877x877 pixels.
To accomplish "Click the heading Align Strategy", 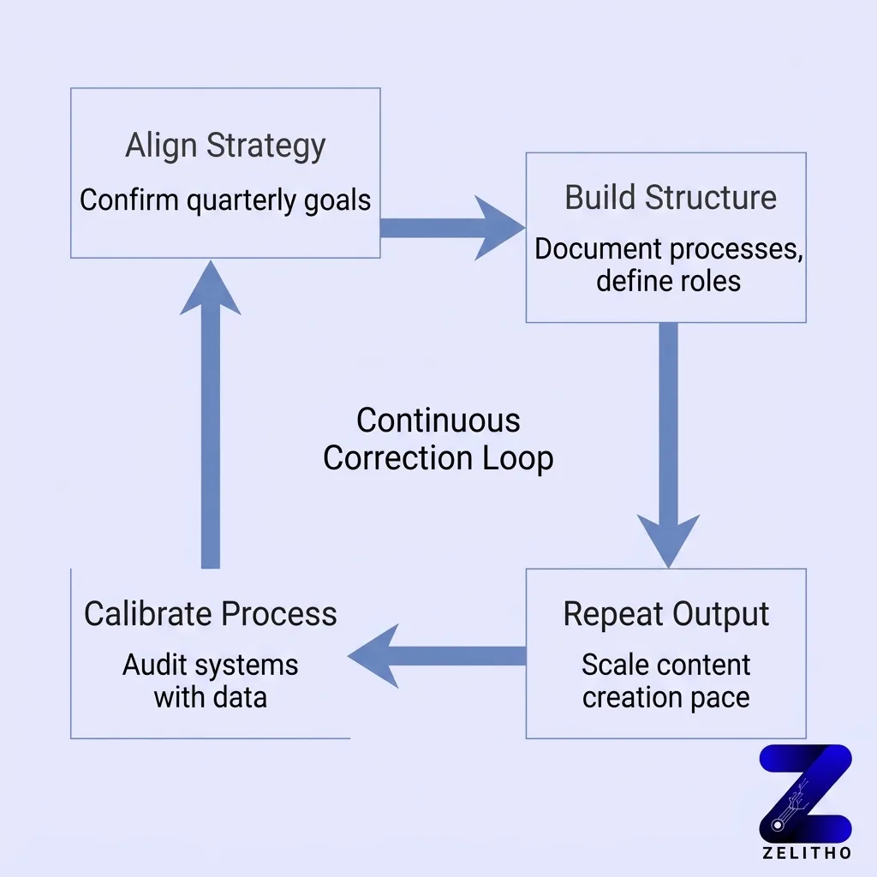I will (225, 146).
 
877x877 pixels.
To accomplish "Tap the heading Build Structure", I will (671, 197).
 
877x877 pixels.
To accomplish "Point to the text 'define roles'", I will (668, 280).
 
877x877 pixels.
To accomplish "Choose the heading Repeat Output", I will (666, 614).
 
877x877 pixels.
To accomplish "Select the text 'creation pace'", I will (666, 696).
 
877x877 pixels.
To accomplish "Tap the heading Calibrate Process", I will (211, 614).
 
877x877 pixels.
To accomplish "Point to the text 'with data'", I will (211, 696).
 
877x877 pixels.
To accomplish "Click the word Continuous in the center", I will (438, 421).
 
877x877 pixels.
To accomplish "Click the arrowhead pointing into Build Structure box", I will (497, 228).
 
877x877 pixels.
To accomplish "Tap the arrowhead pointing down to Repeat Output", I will (668, 540).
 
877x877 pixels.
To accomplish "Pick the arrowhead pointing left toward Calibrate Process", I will (375, 656).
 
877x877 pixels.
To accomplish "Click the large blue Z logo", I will (805, 792).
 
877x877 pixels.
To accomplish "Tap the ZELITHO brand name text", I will (806, 853).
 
